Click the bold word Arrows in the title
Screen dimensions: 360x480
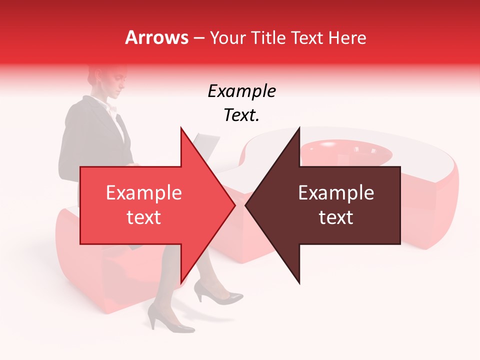click(156, 37)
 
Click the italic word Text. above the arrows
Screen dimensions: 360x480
click(241, 115)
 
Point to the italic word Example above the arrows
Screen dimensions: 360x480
click(241, 91)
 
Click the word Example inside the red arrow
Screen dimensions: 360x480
click(144, 193)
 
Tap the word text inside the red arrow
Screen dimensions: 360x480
click(144, 217)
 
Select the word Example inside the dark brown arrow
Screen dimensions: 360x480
click(336, 193)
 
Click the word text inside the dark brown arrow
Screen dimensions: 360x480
click(336, 217)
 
